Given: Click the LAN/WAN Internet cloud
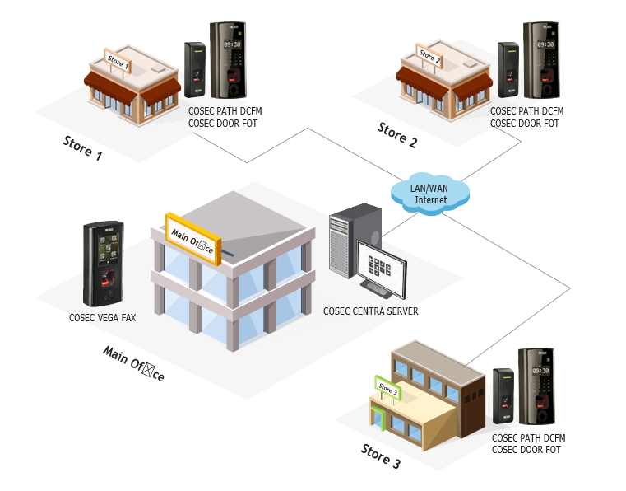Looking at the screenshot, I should [430, 193].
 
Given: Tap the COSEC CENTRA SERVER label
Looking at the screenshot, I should [370, 311].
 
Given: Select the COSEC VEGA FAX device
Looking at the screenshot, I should [104, 264].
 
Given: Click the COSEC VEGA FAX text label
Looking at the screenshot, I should [103, 317].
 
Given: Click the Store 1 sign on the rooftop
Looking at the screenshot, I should [118, 61].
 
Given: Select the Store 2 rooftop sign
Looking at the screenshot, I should [429, 57].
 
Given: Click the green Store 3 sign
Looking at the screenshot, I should [387, 390].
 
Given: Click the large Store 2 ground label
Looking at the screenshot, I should [397, 134].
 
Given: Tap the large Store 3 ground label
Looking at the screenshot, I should [381, 456].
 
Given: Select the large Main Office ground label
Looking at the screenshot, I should [133, 363].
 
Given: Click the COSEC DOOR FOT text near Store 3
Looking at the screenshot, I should [526, 450].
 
